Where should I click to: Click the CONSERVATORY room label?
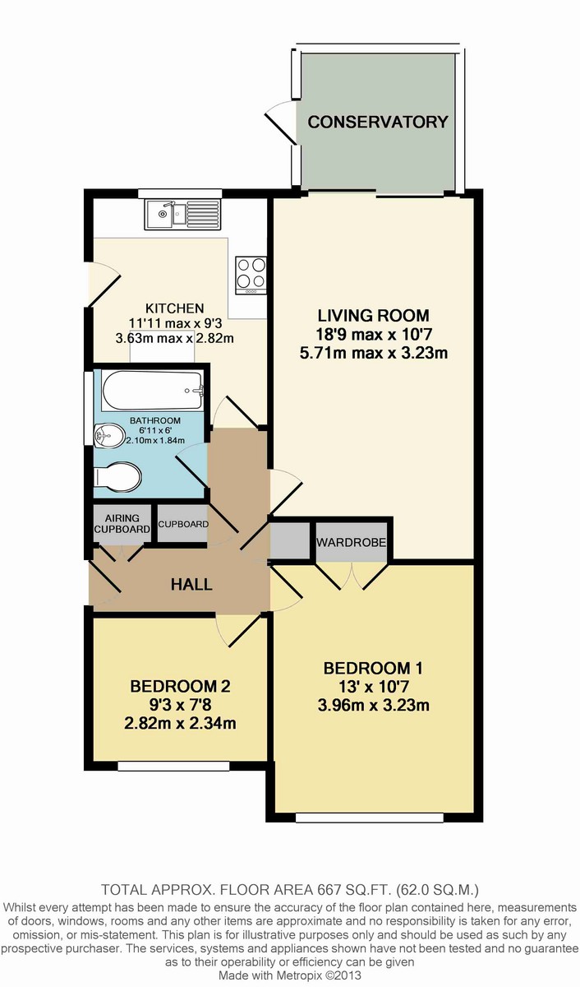pos(378,122)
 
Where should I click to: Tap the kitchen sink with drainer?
pos(182,214)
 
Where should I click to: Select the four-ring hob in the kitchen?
pos(251,276)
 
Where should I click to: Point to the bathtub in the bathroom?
pos(153,391)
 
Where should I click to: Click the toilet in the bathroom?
pos(117,475)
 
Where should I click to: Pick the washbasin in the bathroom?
pos(109,435)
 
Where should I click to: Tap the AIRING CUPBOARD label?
pos(122,523)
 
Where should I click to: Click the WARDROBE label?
pos(351,542)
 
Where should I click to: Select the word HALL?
pos(191,585)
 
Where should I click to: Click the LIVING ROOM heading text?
pos(373,316)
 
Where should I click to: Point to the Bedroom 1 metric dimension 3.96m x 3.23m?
pos(373,706)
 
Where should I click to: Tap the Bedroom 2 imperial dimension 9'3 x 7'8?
pos(180,705)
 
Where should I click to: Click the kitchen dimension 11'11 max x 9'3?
pos(175,323)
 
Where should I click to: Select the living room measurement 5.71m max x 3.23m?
pos(373,353)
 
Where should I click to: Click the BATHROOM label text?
pos(155,420)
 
